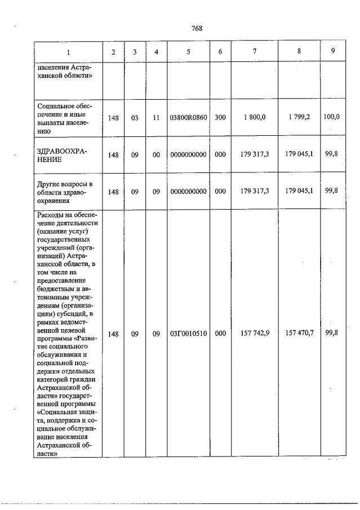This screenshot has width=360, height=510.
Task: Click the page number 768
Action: click(x=197, y=28)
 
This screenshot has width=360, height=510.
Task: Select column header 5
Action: click(x=188, y=52)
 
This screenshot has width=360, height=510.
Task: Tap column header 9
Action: click(x=333, y=51)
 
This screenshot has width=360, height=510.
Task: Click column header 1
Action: click(x=69, y=52)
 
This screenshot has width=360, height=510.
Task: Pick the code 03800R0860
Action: click(x=188, y=118)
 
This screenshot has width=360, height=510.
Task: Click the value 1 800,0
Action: click(x=255, y=118)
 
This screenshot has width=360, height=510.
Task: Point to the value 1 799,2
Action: click(x=299, y=118)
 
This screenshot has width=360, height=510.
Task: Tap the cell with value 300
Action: click(x=220, y=118)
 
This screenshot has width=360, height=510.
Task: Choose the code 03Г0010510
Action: click(x=188, y=334)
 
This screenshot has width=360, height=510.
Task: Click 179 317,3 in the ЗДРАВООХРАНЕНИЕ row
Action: click(x=255, y=154)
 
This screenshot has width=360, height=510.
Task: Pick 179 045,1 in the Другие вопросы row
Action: click(x=299, y=191)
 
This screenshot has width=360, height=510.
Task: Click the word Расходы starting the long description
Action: click(x=50, y=214)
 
